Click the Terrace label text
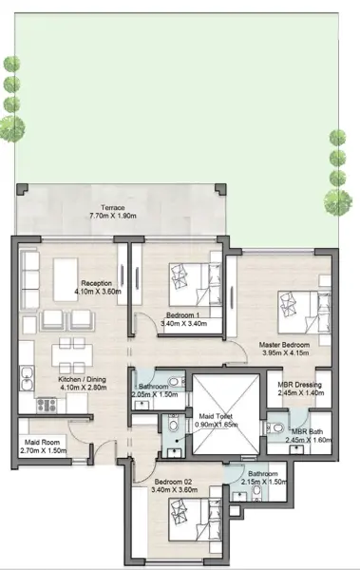coord(113,207)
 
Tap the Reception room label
coord(96,283)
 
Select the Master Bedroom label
coord(284,345)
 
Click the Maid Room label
coord(42,443)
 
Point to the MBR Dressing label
coord(299,385)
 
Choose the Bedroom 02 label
coord(173,482)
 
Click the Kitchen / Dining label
coord(83,379)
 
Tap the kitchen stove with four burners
coord(47,406)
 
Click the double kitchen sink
coord(27,378)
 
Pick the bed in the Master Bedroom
coord(304,313)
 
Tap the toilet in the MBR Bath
coord(275,427)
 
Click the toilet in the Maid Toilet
coord(173,424)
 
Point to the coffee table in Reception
coord(66,279)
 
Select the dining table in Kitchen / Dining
coord(72,355)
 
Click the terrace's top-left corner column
coord(22,189)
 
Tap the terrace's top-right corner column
coord(220,189)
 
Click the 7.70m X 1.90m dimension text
coord(113,216)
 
